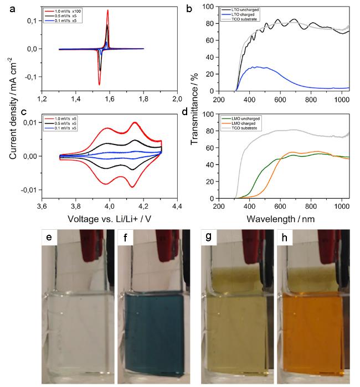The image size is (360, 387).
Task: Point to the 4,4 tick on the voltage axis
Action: tap(177, 207)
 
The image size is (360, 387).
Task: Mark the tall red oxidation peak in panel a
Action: tap(107, 11)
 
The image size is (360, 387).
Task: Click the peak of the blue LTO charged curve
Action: tap(254, 67)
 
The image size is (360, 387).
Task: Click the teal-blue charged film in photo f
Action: tap(151, 332)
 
